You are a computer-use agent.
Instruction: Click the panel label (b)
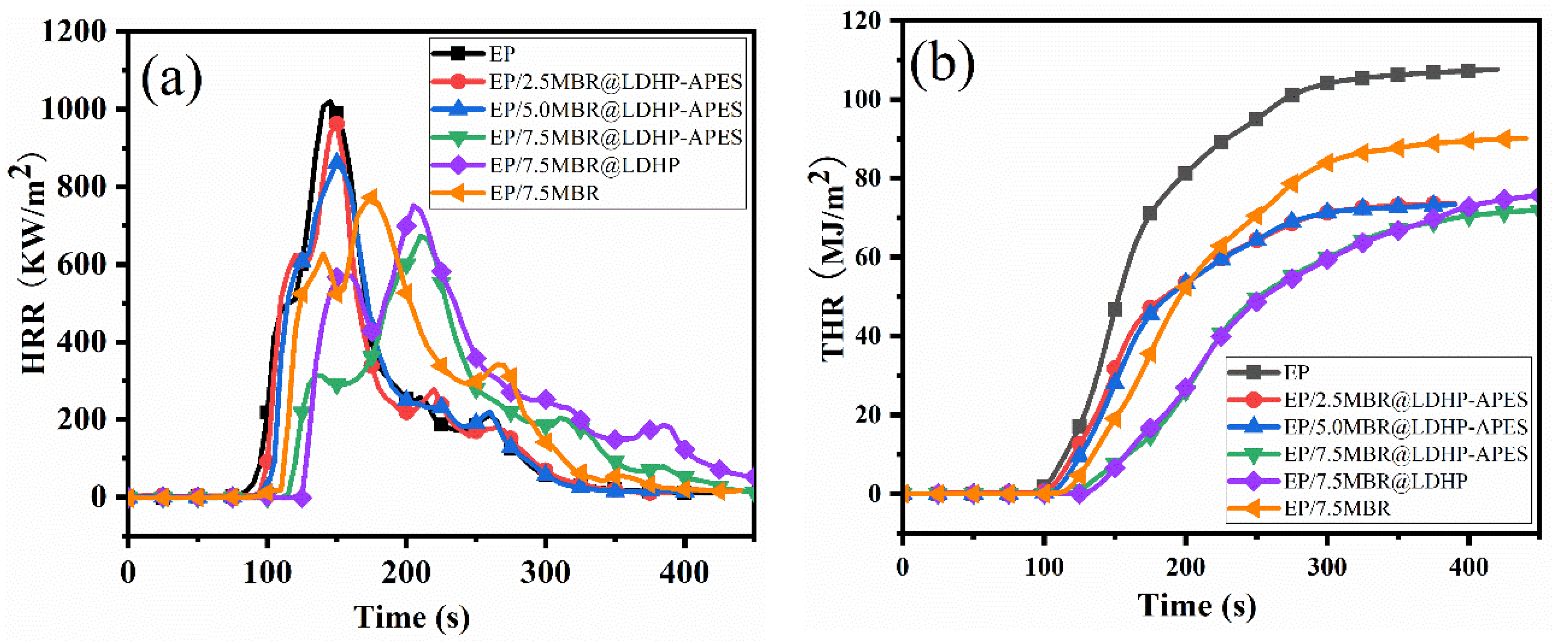tap(941, 64)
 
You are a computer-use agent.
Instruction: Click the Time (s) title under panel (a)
tap(411, 617)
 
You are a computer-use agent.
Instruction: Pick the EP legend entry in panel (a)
tap(502, 54)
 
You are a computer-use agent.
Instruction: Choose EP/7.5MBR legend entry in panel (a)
tap(544, 193)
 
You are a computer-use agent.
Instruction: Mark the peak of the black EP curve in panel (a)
tap(328, 103)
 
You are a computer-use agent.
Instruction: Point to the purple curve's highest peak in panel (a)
tap(414, 207)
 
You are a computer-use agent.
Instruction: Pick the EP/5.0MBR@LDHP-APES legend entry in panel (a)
tap(616, 110)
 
